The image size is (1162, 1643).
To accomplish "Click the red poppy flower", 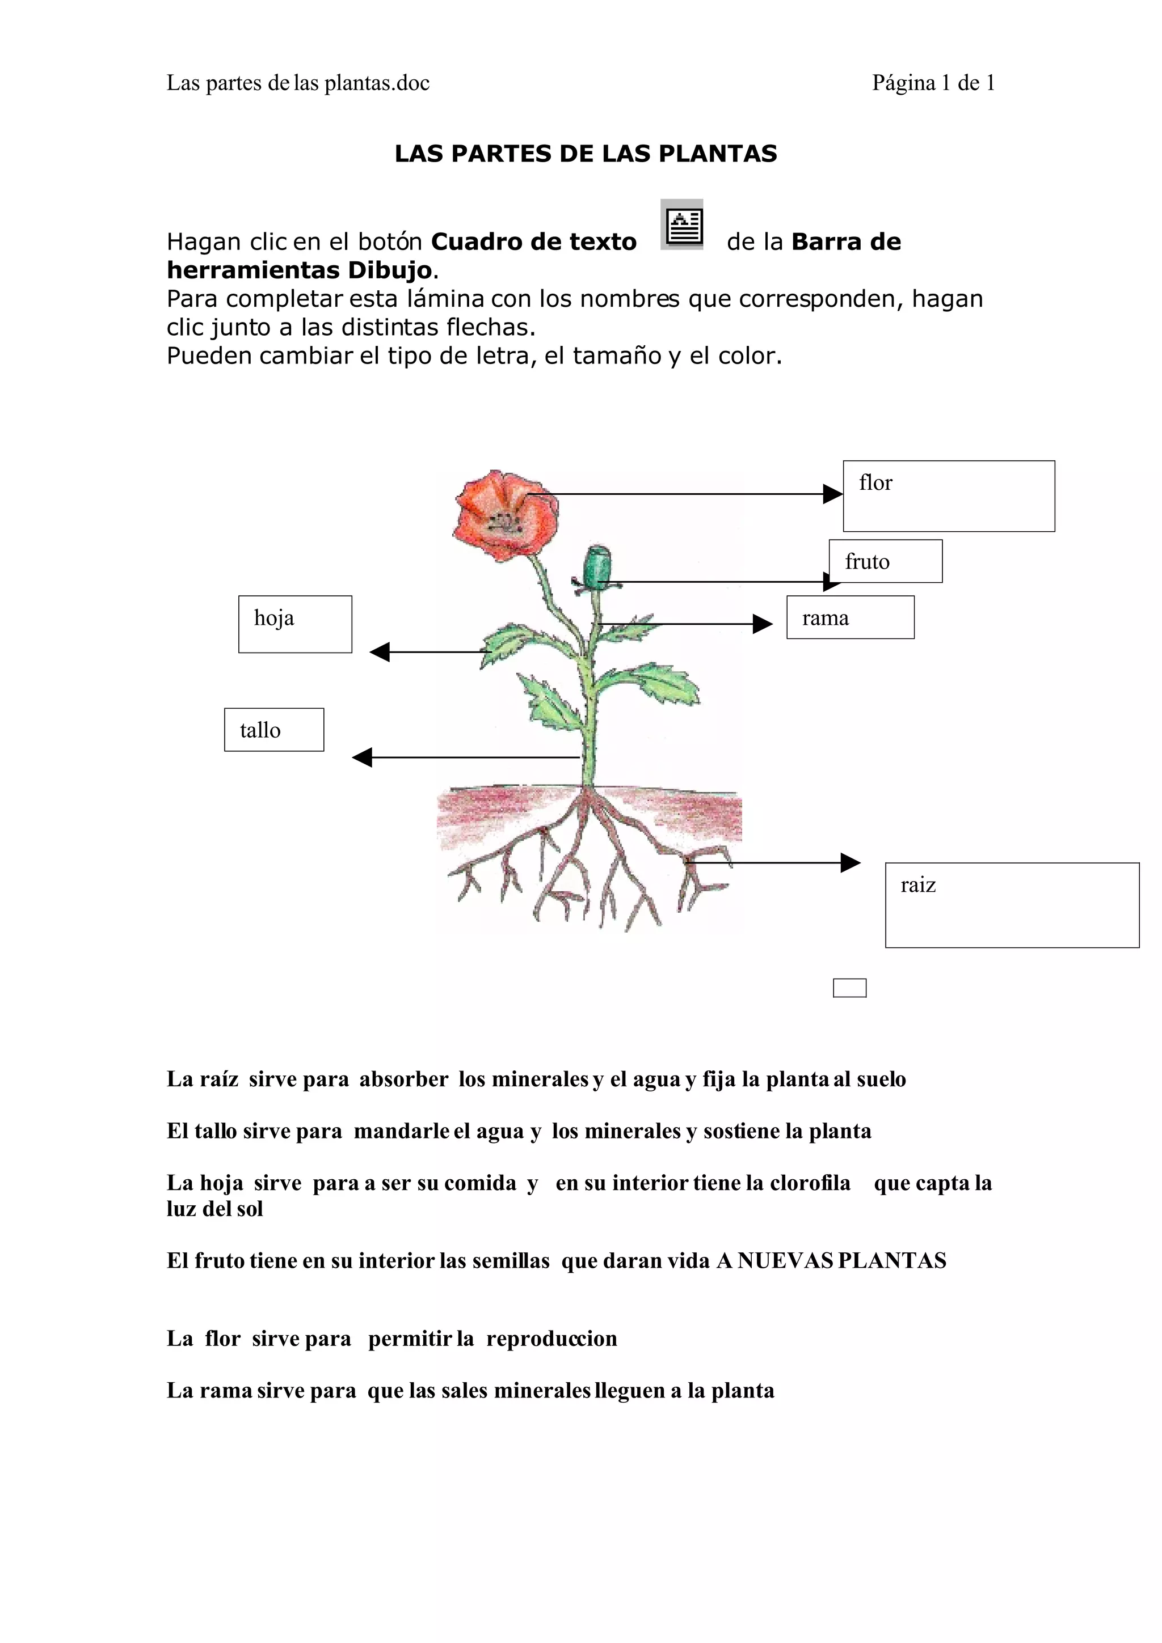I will click(x=506, y=514).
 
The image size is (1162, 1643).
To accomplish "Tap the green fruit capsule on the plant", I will click(x=597, y=568).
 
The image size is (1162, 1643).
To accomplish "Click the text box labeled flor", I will click(x=948, y=496).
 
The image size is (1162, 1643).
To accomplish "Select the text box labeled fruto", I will click(x=885, y=561).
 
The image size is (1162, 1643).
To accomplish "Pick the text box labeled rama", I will click(x=850, y=617).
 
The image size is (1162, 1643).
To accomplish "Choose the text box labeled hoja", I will click(x=295, y=624).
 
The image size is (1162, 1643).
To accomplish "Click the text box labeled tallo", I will click(x=273, y=729).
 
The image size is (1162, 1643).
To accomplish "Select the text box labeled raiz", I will click(x=1011, y=905).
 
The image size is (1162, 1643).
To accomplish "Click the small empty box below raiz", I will click(x=849, y=988).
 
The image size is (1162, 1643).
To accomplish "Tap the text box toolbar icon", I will click(x=681, y=225).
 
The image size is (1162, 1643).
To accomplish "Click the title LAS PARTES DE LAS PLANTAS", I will click(x=585, y=154).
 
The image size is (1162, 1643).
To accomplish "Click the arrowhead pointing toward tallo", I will click(x=363, y=757).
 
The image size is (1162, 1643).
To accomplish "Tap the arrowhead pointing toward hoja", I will click(x=380, y=652).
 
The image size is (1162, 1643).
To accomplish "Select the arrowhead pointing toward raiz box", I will click(x=850, y=862).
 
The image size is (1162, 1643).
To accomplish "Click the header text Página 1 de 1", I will click(x=933, y=83).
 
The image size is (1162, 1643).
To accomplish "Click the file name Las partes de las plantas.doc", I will click(x=298, y=83).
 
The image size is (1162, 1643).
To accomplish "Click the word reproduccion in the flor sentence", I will click(x=551, y=1338).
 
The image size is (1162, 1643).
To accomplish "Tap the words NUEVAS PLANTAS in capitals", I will click(x=841, y=1260).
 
